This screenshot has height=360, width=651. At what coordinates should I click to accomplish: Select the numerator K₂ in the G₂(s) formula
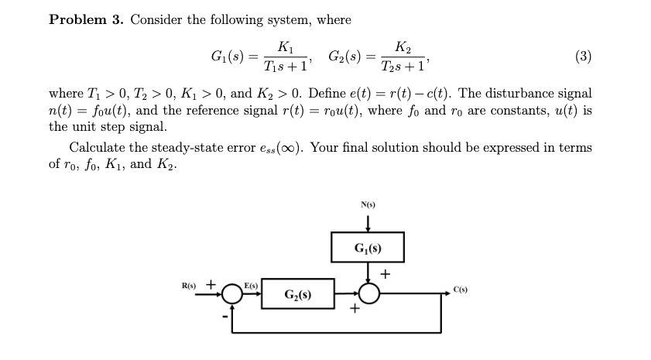[x=403, y=45]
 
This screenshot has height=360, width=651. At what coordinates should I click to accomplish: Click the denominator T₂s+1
[x=404, y=66]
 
